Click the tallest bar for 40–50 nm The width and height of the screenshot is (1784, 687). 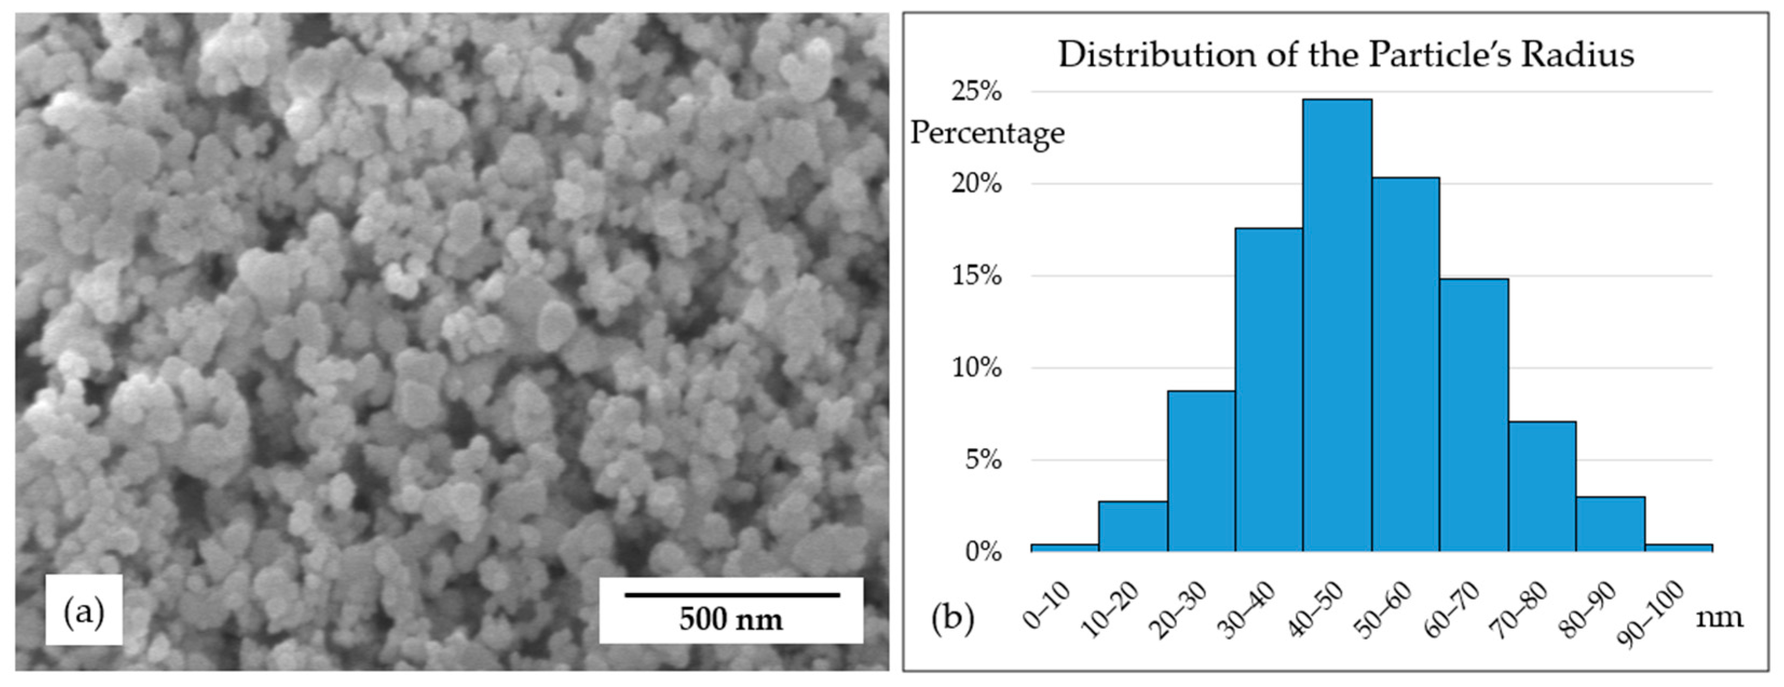pyautogui.click(x=1337, y=325)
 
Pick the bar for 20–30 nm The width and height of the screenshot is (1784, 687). pyautogui.click(x=1201, y=471)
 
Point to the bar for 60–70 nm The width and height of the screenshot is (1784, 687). pyautogui.click(x=1474, y=416)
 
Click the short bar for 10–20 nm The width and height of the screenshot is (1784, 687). pyautogui.click(x=1133, y=526)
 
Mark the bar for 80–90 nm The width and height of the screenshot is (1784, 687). pyautogui.click(x=1610, y=524)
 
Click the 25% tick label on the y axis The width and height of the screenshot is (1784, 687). pyautogui.click(x=976, y=91)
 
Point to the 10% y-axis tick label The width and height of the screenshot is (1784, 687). pyautogui.click(x=976, y=368)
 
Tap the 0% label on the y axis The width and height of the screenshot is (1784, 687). pyautogui.click(x=983, y=552)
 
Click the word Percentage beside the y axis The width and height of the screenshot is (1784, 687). pyautogui.click(x=987, y=133)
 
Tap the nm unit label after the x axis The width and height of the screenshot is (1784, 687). pyautogui.click(x=1719, y=616)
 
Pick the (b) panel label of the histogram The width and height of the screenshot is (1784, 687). pyautogui.click(x=952, y=616)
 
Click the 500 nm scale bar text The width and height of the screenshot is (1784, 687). pyautogui.click(x=730, y=619)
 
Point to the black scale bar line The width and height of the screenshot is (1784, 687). pyautogui.click(x=732, y=594)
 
